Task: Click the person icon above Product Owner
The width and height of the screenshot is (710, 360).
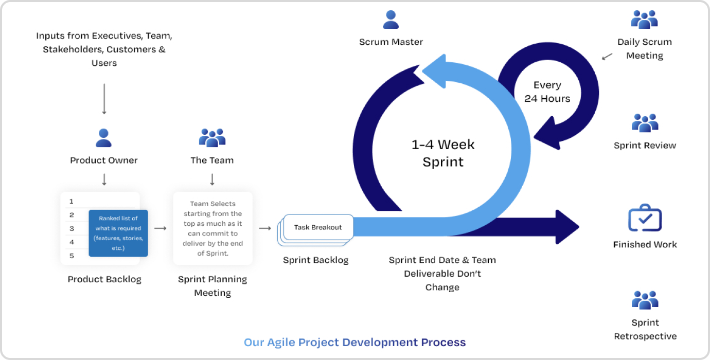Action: (104, 138)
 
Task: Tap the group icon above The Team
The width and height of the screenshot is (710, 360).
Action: (212, 138)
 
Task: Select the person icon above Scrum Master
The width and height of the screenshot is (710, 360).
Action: (391, 20)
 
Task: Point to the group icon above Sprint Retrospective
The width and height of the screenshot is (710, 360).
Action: (645, 300)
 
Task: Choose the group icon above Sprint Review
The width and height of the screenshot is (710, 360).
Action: (645, 123)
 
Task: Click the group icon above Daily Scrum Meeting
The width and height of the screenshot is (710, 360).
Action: (644, 20)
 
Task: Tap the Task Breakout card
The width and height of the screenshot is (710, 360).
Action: (318, 227)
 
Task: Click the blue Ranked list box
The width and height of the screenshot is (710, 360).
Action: (118, 233)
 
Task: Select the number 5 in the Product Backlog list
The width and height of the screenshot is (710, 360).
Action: (72, 256)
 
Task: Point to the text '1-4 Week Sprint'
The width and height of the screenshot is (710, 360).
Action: (443, 153)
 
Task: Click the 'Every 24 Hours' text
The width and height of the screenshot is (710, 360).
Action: (547, 92)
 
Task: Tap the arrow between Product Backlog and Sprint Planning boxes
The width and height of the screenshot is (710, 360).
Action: (161, 228)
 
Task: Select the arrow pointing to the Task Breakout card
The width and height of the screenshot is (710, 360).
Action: (265, 228)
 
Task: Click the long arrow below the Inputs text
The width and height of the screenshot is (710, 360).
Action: (104, 99)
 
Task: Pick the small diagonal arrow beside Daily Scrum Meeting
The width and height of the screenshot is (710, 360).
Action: (607, 56)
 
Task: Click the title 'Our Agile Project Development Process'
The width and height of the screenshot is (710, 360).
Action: (355, 342)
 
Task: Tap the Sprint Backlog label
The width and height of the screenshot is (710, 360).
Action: (316, 260)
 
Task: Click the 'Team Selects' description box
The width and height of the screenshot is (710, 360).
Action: (212, 228)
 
